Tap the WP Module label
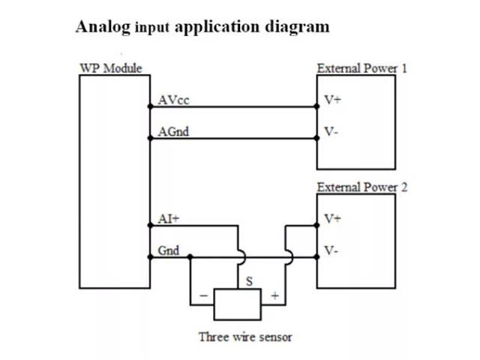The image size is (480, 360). point(110,68)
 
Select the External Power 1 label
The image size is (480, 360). point(362,68)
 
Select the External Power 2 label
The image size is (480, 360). point(362,187)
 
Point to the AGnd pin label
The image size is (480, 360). point(173,132)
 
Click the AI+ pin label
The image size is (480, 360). point(169,219)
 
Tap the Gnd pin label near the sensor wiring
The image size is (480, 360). point(168,250)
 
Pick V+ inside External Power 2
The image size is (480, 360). point(332,219)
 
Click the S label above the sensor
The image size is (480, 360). point(249,281)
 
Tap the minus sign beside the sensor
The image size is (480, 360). point(203,296)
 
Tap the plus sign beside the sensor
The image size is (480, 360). point(274,296)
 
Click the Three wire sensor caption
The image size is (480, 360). point(245,336)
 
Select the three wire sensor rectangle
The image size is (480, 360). point(238,304)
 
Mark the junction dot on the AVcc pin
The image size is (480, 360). point(150,106)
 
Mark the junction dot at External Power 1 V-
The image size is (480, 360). point(317,138)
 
